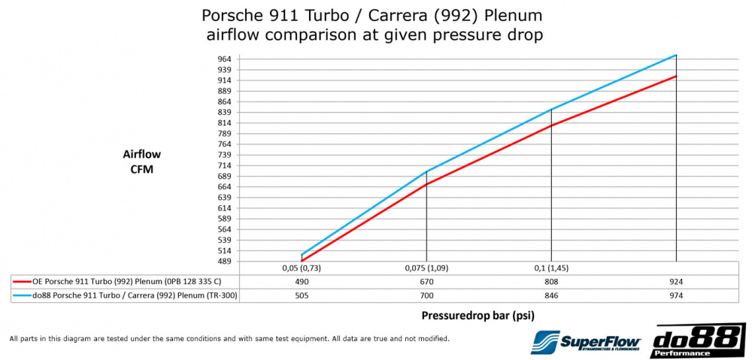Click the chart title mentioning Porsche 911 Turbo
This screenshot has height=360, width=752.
371,24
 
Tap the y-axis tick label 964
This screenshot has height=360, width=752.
204,59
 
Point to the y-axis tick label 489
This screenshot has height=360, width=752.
204,262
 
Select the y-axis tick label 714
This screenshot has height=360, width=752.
204,165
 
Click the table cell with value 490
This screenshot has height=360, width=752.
302,282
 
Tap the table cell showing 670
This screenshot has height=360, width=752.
426,282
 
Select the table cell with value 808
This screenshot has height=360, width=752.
551,282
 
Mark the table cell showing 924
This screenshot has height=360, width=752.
676,282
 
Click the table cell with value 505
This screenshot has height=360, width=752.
302,295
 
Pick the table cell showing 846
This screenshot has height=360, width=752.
551,295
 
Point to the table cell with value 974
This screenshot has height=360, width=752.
676,295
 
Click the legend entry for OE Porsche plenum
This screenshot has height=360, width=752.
124,282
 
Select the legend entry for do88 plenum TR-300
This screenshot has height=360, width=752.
124,295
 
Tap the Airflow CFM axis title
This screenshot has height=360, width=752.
141,162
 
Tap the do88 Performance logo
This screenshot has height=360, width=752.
699,340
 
